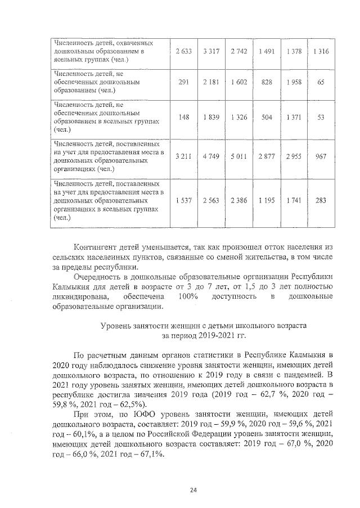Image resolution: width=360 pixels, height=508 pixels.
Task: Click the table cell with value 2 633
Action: (x=183, y=51)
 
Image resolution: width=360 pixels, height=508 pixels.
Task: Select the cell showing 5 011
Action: (x=238, y=156)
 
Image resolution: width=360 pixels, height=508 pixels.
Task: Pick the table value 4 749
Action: (x=211, y=156)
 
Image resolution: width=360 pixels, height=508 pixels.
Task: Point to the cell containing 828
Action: (x=266, y=82)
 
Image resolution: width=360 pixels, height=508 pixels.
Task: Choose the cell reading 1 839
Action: (x=211, y=117)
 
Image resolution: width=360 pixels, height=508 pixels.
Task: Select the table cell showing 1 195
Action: (x=266, y=200)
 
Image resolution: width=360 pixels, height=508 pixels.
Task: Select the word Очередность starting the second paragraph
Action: (x=101, y=277)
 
